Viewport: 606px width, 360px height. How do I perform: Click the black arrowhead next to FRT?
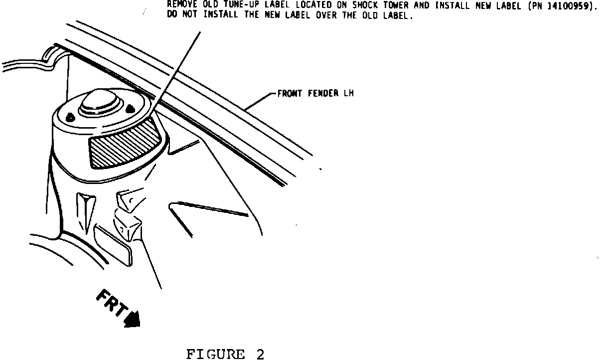click(132, 319)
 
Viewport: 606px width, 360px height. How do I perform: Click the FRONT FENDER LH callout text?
click(315, 93)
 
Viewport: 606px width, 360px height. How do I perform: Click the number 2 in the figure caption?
click(260, 355)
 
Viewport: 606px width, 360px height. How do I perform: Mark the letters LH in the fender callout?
click(348, 93)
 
